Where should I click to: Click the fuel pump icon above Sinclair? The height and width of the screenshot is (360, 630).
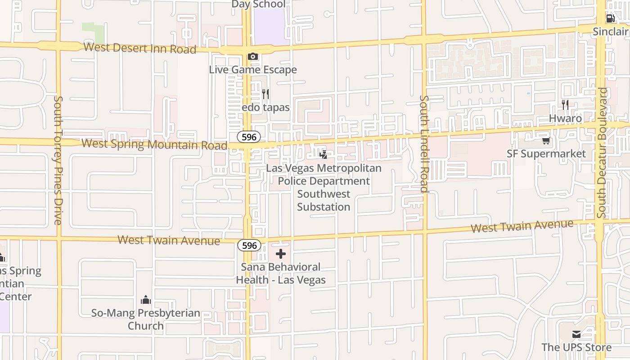pyautogui.click(x=610, y=18)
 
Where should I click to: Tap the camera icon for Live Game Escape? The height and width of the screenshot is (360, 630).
pyautogui.click(x=253, y=57)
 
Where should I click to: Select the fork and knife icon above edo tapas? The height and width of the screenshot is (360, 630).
pyautogui.click(x=265, y=94)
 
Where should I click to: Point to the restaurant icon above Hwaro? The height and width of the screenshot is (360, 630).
pyautogui.click(x=565, y=105)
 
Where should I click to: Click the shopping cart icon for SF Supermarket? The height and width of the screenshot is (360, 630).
pyautogui.click(x=546, y=140)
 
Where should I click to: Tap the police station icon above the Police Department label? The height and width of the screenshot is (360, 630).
pyautogui.click(x=324, y=155)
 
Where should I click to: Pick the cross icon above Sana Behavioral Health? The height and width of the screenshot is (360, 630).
pyautogui.click(x=281, y=254)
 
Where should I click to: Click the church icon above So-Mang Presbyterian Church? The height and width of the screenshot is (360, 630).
pyautogui.click(x=146, y=300)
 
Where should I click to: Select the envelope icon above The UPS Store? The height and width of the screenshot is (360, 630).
pyautogui.click(x=576, y=334)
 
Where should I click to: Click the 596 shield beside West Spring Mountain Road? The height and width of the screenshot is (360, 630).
pyautogui.click(x=249, y=137)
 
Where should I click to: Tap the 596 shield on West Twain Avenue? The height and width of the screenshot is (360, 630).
pyautogui.click(x=249, y=245)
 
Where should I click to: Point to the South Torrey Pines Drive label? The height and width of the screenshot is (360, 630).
pyautogui.click(x=58, y=160)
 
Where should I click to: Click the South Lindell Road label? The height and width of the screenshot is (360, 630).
pyautogui.click(x=423, y=144)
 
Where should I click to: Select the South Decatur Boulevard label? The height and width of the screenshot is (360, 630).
pyautogui.click(x=602, y=153)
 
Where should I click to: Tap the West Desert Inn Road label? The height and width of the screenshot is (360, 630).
pyautogui.click(x=140, y=48)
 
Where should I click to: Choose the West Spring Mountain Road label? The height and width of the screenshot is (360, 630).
pyautogui.click(x=154, y=144)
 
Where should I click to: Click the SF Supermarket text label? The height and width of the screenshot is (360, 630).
pyautogui.click(x=546, y=154)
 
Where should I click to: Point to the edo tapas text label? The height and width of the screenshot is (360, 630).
pyautogui.click(x=265, y=108)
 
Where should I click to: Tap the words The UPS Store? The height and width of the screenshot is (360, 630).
pyautogui.click(x=576, y=347)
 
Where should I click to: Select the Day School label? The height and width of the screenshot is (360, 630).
pyautogui.click(x=258, y=4)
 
